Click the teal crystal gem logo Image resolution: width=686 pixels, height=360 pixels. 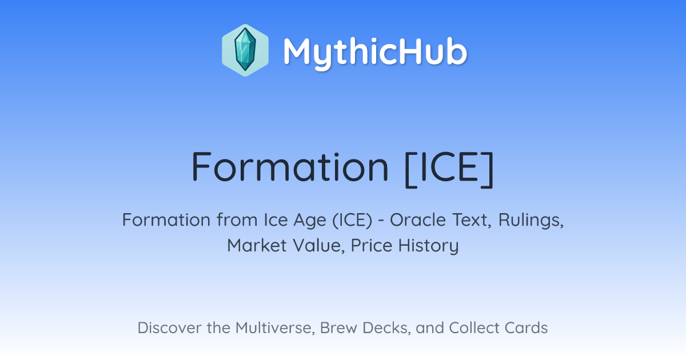pyautogui.click(x=245, y=50)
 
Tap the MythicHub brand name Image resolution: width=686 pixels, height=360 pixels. pyautogui.click(x=376, y=53)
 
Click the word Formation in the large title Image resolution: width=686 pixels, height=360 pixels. pyautogui.click(x=290, y=167)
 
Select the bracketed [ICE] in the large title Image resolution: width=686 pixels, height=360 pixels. pyautogui.click(x=449, y=169)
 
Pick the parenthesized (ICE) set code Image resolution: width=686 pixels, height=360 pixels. pyautogui.click(x=353, y=220)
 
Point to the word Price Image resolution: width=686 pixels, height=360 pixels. pyautogui.click(x=372, y=246)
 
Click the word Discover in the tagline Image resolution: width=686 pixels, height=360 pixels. pyautogui.click(x=169, y=327)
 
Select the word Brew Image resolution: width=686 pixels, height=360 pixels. pyautogui.click(x=338, y=327)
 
